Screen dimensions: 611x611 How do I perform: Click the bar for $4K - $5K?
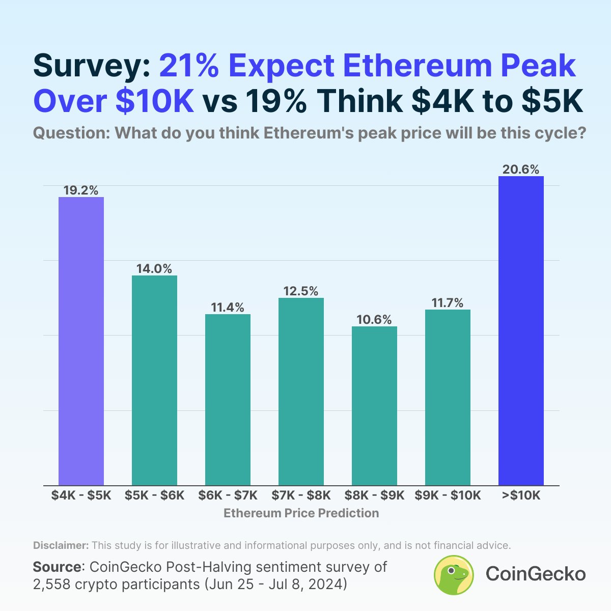click(81, 341)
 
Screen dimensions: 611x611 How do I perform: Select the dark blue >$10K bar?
click(521, 331)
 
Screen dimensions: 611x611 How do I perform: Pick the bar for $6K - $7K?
click(228, 400)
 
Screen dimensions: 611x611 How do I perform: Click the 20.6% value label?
click(521, 170)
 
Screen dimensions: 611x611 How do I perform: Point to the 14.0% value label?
click(154, 269)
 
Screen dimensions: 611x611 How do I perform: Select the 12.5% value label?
click(301, 291)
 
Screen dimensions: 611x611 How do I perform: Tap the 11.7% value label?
click(448, 303)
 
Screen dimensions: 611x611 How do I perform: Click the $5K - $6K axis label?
click(154, 495)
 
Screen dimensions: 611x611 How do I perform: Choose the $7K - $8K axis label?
click(301, 495)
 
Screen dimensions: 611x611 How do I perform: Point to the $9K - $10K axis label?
click(448, 495)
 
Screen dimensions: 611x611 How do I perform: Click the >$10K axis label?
click(521, 495)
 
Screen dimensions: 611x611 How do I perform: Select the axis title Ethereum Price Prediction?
click(301, 513)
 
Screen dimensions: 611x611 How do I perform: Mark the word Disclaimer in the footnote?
click(61, 545)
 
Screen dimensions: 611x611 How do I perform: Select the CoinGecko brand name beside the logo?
click(536, 574)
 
